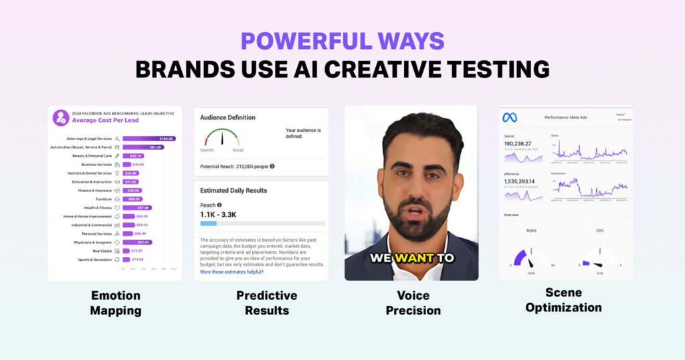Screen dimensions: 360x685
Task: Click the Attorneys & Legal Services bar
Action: click(149, 139)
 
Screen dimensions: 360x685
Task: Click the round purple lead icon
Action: click(61, 118)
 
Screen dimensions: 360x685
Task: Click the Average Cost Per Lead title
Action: click(105, 121)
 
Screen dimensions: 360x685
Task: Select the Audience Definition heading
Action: click(227, 118)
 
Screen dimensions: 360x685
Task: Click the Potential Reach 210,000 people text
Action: click(234, 166)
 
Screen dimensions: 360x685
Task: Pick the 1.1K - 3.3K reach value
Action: click(218, 215)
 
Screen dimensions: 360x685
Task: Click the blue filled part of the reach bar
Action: click(208, 223)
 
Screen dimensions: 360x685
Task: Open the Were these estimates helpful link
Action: click(231, 272)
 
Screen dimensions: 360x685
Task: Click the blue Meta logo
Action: click(510, 118)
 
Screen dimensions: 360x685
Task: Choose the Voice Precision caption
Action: click(413, 302)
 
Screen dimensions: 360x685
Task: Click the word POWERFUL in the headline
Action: click(294, 41)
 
